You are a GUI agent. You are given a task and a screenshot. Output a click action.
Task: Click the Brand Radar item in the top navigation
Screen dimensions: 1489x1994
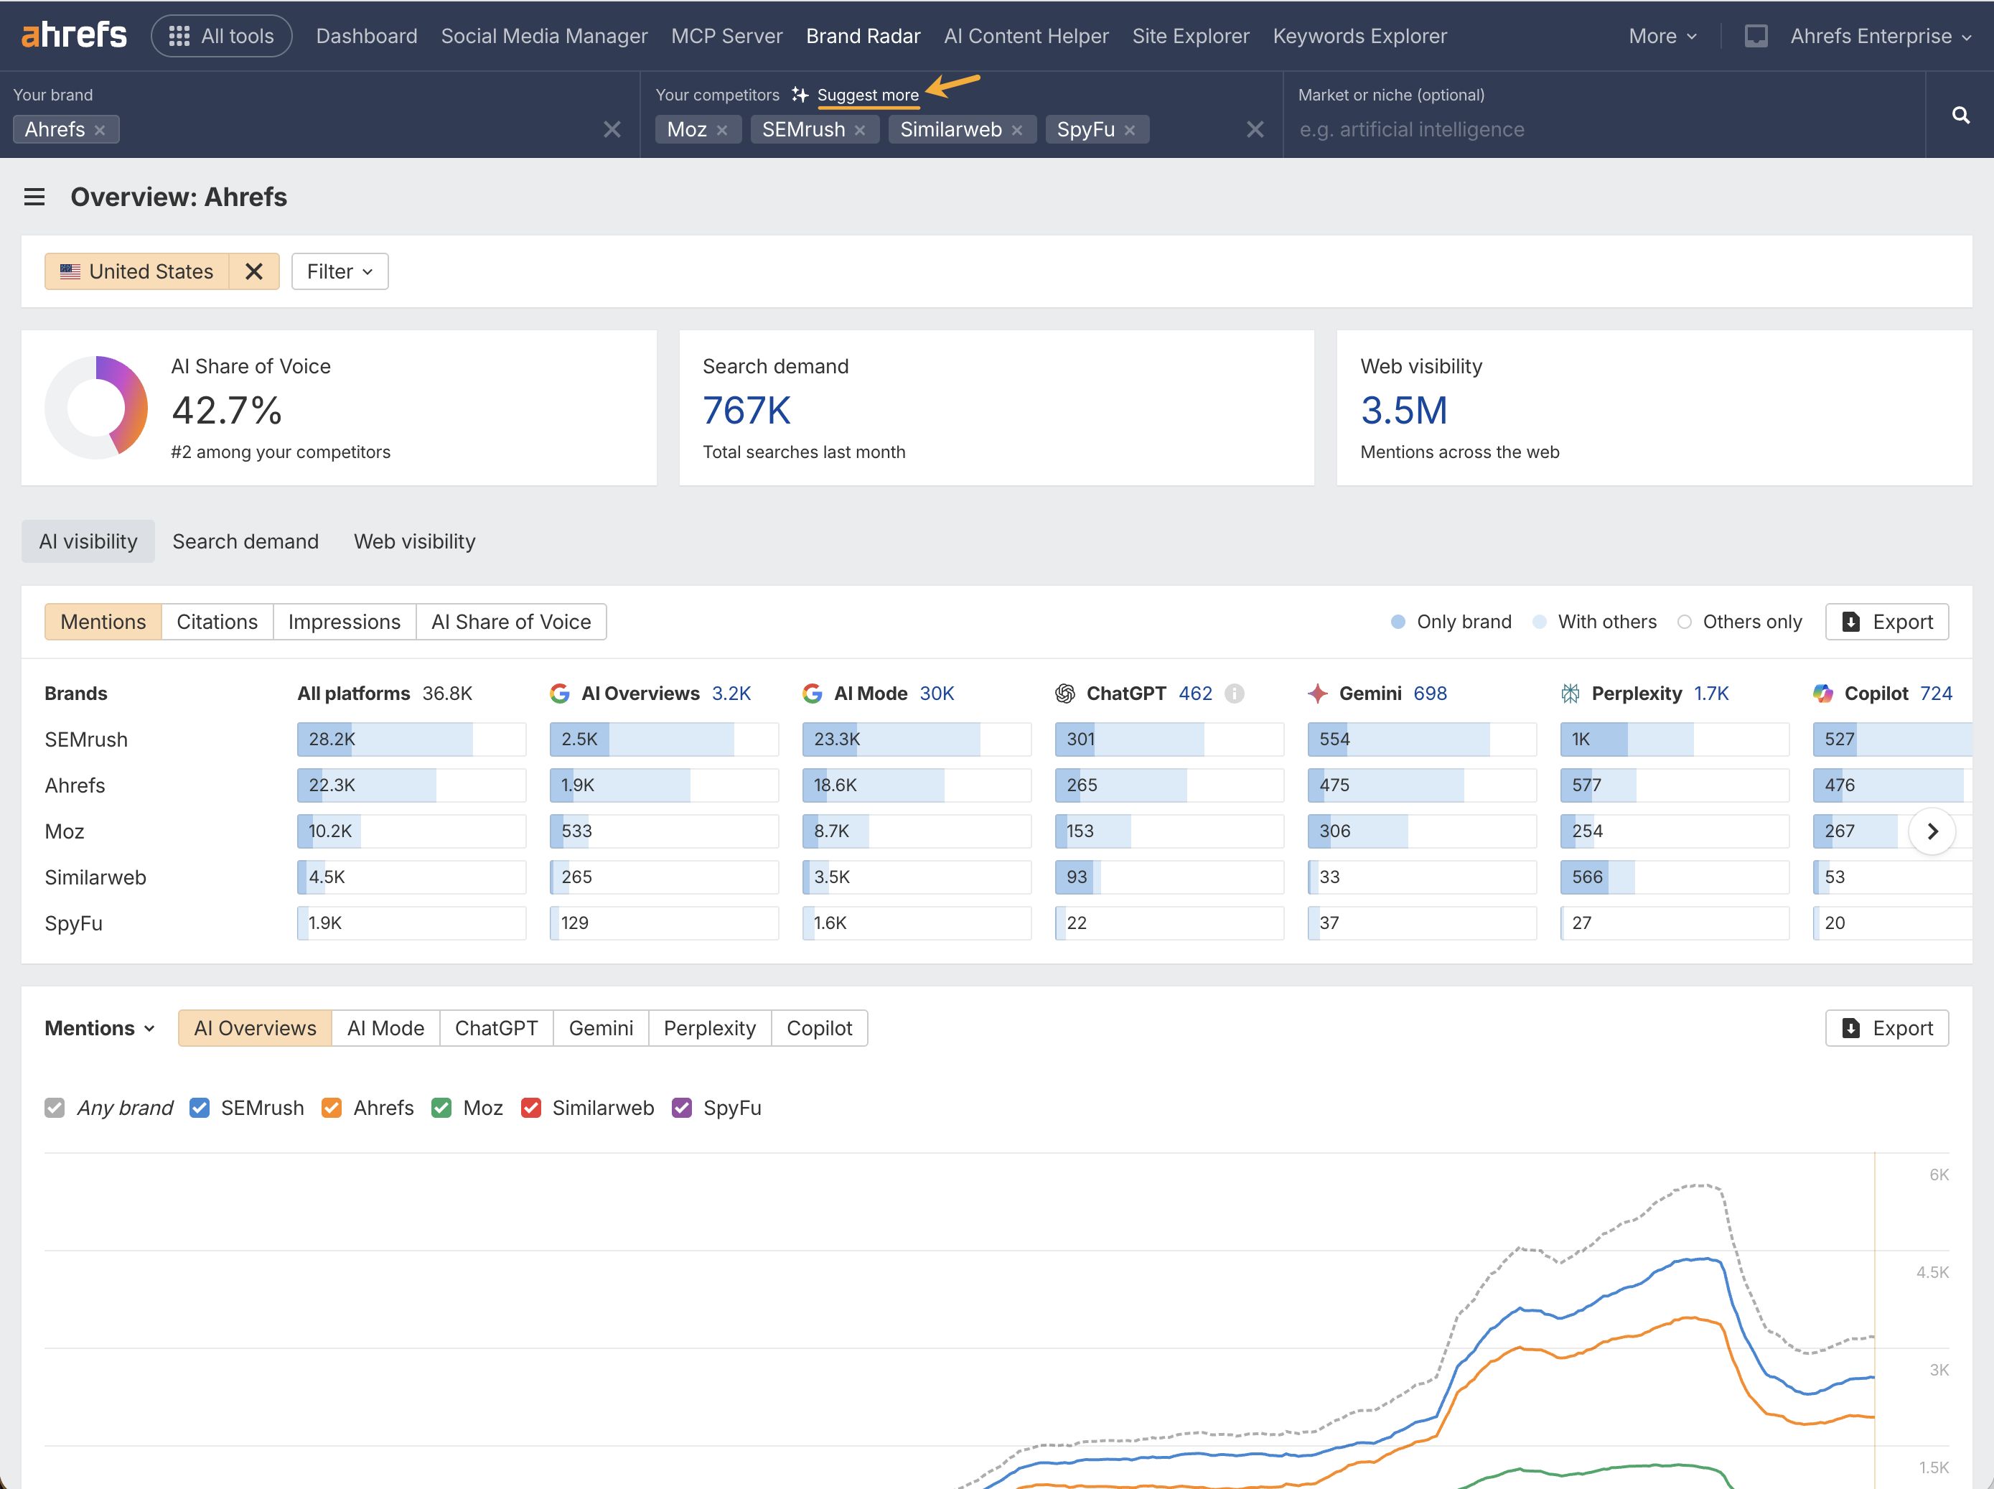[x=862, y=36]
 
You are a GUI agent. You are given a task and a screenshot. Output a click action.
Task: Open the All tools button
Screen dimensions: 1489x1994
[x=222, y=36]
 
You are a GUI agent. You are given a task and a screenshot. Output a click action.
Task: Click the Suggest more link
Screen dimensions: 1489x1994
[x=867, y=95]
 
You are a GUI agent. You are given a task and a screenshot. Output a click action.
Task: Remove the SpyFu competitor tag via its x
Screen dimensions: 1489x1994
[x=1130, y=130]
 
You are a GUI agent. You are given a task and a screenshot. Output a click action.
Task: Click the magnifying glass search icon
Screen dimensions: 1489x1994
[x=1960, y=116]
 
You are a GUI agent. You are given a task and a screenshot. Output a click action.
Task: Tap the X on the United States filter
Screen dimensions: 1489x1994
[x=254, y=271]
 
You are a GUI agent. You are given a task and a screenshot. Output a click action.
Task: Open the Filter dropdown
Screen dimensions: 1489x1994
[x=340, y=271]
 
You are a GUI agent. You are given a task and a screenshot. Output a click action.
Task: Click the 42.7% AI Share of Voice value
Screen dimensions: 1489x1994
[x=227, y=410]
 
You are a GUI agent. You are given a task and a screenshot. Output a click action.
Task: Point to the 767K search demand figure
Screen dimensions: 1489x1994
[x=746, y=410]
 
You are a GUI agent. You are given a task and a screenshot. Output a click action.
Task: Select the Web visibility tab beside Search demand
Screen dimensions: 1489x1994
[x=414, y=542]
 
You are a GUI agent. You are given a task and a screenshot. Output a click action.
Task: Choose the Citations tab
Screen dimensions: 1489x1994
[x=217, y=622]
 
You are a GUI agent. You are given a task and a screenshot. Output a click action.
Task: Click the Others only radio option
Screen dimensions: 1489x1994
[x=1684, y=622]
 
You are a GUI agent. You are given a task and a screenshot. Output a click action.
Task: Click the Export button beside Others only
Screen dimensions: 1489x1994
[x=1887, y=622]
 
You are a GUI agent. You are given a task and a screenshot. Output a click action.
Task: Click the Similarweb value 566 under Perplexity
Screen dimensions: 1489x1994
[x=1587, y=877]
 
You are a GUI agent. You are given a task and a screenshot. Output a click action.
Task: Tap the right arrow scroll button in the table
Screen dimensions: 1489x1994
[x=1932, y=831]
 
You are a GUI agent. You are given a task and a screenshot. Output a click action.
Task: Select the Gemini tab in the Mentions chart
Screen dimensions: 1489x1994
[x=601, y=1028]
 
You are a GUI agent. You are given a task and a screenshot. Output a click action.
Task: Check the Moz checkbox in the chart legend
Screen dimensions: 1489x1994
[x=441, y=1108]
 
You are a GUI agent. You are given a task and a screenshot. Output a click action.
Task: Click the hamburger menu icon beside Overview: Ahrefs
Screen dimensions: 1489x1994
[x=34, y=197]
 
